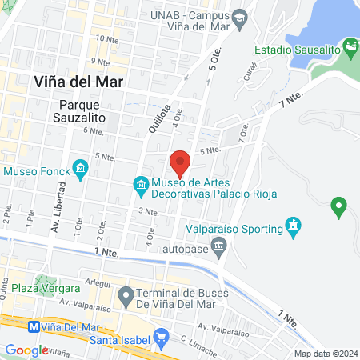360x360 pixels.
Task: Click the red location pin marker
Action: (x=180, y=162)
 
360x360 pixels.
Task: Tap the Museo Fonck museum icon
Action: (x=80, y=168)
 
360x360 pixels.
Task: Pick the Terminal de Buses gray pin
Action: (x=126, y=297)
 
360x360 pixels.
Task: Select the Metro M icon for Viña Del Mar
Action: (x=34, y=326)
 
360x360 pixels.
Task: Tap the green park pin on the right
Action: (x=338, y=207)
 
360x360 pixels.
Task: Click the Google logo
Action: (x=26, y=350)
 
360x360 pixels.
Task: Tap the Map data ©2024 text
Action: (x=325, y=354)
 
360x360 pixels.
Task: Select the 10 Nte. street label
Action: (x=105, y=38)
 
